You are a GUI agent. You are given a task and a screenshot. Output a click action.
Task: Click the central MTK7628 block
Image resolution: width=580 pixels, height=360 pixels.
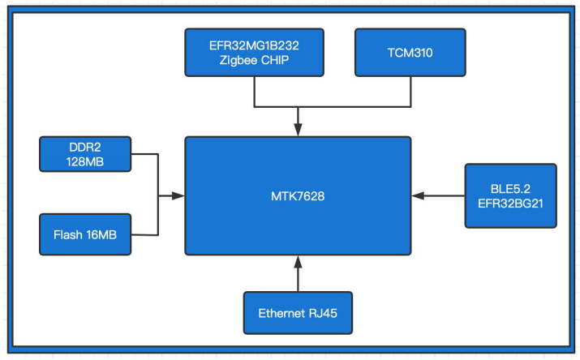pos(298,195)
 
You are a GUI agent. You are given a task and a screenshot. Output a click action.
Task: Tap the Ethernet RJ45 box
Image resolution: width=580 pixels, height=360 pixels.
pos(298,313)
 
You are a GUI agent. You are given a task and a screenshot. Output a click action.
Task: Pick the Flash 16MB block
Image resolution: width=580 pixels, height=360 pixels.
pos(85,234)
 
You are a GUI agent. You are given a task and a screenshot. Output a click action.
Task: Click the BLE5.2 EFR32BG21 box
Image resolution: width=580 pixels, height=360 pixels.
pos(511,195)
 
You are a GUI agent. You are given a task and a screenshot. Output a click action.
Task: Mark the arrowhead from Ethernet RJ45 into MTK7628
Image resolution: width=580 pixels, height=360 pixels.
pos(298,262)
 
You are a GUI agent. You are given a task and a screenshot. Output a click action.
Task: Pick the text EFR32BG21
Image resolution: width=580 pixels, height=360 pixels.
pos(511,204)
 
